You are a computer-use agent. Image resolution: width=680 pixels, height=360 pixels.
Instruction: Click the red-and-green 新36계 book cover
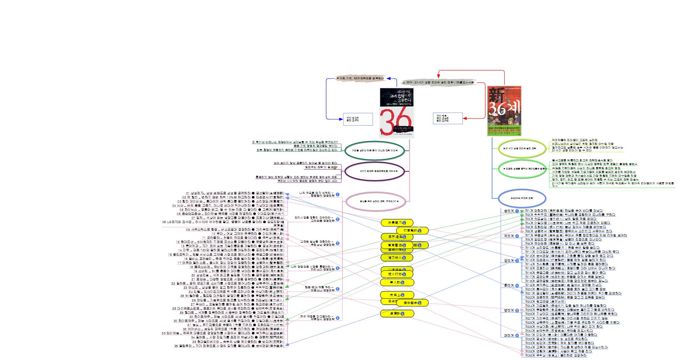(504, 111)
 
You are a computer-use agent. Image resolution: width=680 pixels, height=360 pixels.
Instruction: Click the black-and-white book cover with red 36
(396, 113)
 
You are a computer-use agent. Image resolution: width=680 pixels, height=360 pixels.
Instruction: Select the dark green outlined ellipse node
(374, 150)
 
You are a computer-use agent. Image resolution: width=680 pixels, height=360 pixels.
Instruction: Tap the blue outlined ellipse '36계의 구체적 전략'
(521, 198)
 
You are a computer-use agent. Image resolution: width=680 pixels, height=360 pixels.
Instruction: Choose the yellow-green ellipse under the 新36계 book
(522, 149)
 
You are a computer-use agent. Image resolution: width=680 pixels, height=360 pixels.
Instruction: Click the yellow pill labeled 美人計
(397, 282)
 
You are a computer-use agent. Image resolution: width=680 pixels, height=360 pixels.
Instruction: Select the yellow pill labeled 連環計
(397, 313)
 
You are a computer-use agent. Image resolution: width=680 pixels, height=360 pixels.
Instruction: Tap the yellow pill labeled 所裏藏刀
(397, 223)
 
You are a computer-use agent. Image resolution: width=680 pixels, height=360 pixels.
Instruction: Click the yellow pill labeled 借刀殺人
(397, 257)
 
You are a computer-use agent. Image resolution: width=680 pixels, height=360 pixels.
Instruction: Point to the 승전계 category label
(508, 211)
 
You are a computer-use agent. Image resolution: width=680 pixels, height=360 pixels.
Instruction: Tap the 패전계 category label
(508, 335)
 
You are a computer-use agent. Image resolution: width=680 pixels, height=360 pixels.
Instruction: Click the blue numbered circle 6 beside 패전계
(517, 335)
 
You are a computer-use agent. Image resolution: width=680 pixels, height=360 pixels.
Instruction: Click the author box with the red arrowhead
(448, 118)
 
